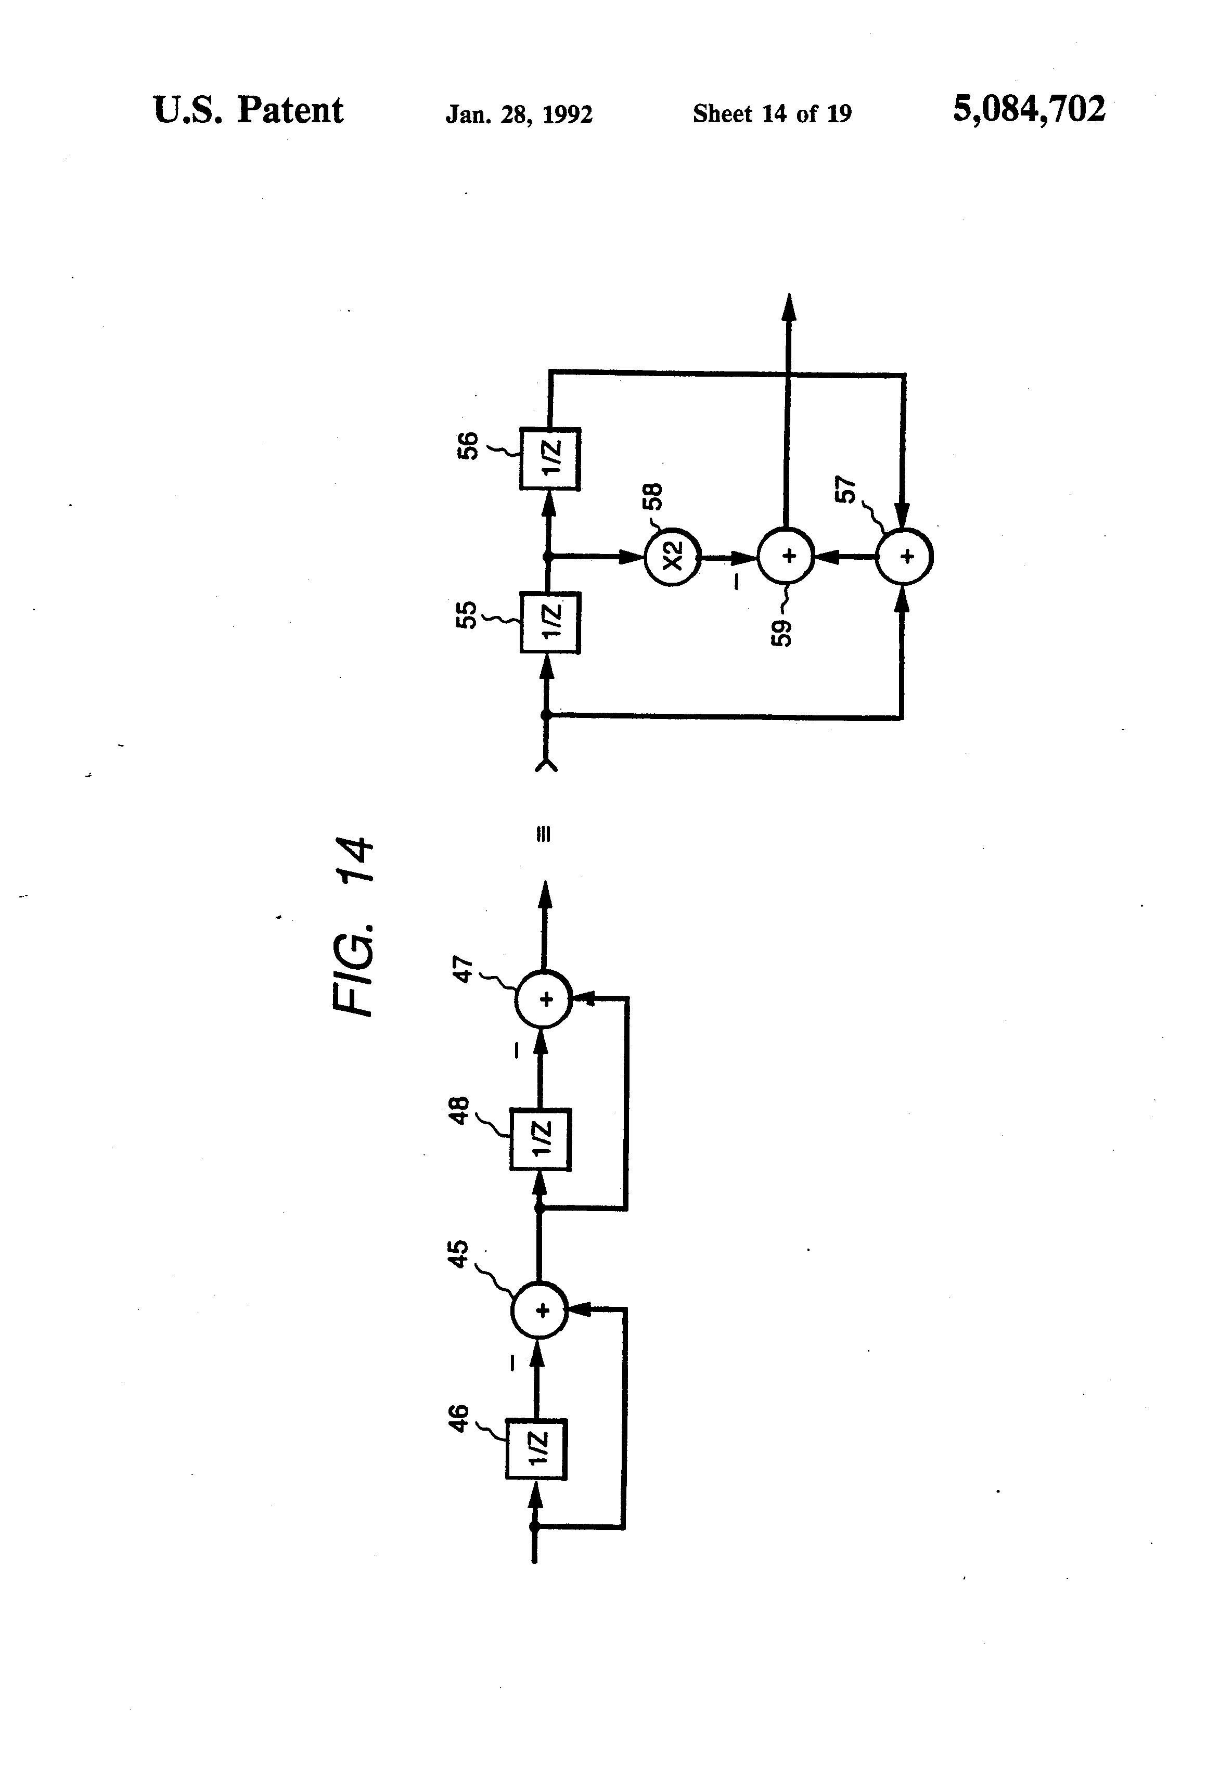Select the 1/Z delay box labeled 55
pos(550,623)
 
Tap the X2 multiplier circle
pos(672,557)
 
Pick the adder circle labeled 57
pos(905,556)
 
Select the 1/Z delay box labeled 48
pos(540,1139)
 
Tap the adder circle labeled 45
pos(540,1310)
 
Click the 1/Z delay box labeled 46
pos(536,1449)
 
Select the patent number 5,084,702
pos(1029,109)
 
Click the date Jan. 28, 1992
pos(519,114)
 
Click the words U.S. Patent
pos(248,111)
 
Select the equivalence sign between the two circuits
pos(543,834)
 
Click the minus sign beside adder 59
pos(736,581)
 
